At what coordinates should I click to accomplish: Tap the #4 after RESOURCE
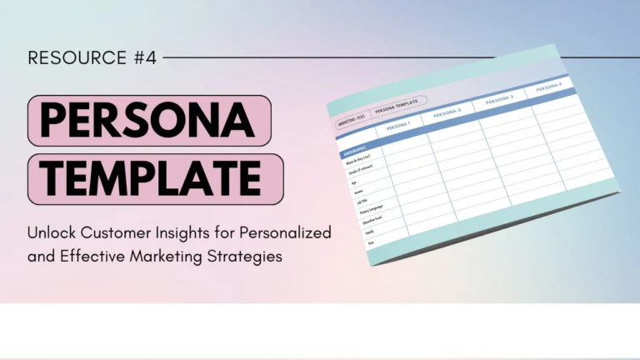point(143,57)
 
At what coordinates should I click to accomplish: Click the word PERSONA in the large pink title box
point(147,121)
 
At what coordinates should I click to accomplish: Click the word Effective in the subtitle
point(94,257)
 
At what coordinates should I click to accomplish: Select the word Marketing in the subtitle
point(167,257)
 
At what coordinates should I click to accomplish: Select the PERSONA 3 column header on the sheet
point(498,100)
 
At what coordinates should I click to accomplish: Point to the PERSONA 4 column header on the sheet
point(548,86)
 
